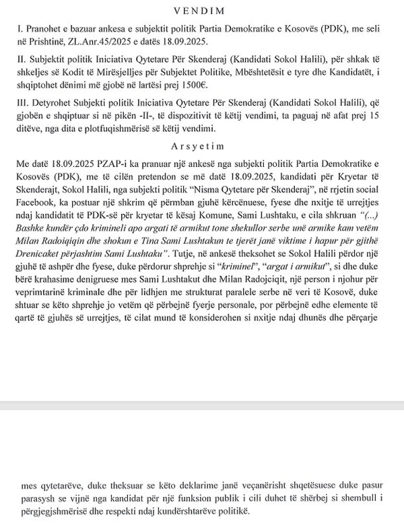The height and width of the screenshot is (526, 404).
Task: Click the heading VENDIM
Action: (201, 11)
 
